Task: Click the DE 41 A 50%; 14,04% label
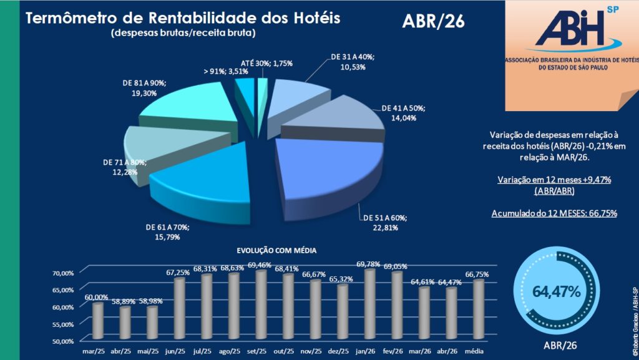(403, 113)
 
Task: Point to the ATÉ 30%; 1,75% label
(266, 63)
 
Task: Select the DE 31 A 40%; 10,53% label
(353, 62)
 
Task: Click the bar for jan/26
(369, 304)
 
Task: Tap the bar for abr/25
(125, 323)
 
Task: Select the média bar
(478, 309)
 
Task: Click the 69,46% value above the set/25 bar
(260, 265)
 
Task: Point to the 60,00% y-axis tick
(63, 307)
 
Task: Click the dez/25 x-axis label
(338, 351)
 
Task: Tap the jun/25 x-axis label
(175, 351)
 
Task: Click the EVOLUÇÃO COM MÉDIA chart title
(276, 250)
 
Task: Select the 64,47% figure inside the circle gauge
(556, 291)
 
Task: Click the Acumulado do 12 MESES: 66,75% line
(554, 213)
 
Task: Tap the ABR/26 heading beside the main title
(433, 21)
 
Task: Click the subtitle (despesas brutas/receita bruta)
(183, 32)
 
